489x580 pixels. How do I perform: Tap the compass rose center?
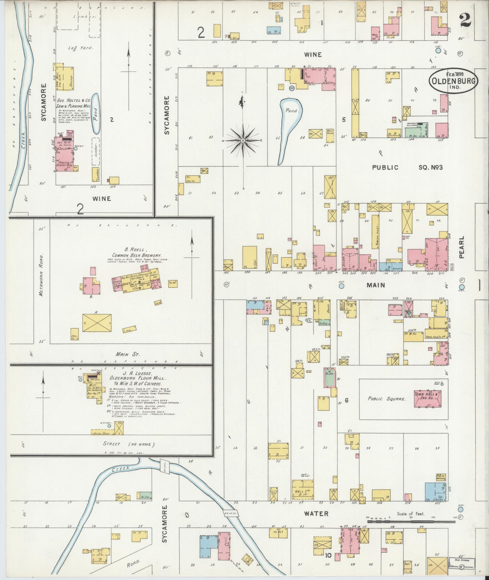243,141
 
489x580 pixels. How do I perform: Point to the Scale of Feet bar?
412,521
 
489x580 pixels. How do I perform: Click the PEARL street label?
461,252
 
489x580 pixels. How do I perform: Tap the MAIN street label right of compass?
376,285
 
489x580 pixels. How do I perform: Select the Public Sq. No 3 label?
407,167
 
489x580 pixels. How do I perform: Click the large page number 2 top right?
465,21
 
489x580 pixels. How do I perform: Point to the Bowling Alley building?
375,232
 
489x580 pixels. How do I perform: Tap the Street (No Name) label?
129,444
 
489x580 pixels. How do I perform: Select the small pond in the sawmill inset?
96,114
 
